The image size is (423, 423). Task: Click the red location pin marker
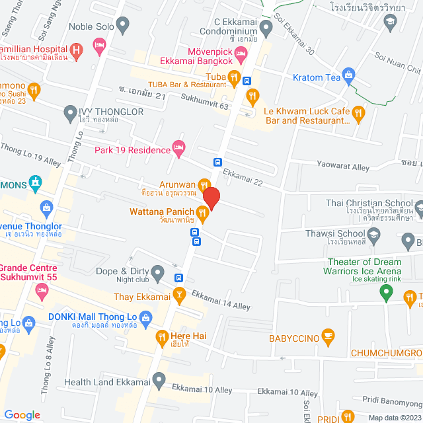tap(211, 198)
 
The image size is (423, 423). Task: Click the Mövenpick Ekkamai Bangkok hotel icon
tap(241, 50)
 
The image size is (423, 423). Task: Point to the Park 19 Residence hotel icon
tap(178, 149)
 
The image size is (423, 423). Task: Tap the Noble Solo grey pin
tap(122, 26)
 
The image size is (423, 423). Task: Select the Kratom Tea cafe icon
tap(350, 78)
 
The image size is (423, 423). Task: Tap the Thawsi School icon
tap(374, 234)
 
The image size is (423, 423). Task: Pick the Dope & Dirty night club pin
tap(158, 272)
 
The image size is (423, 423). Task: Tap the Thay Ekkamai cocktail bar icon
tap(178, 294)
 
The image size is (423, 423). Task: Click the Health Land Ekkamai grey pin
tap(159, 381)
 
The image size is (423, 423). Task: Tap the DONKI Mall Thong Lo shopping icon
tap(28, 323)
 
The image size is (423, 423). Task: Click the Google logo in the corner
tap(22, 414)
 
